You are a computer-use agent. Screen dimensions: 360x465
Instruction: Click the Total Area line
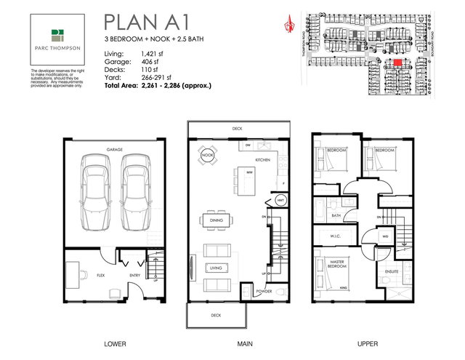pyautogui.click(x=158, y=85)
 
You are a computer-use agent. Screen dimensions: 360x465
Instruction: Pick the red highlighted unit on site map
pyautogui.click(x=397, y=63)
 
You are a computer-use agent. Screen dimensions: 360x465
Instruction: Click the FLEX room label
pyautogui.click(x=81, y=276)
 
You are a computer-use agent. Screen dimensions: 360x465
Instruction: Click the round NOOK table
pyautogui.click(x=207, y=156)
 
